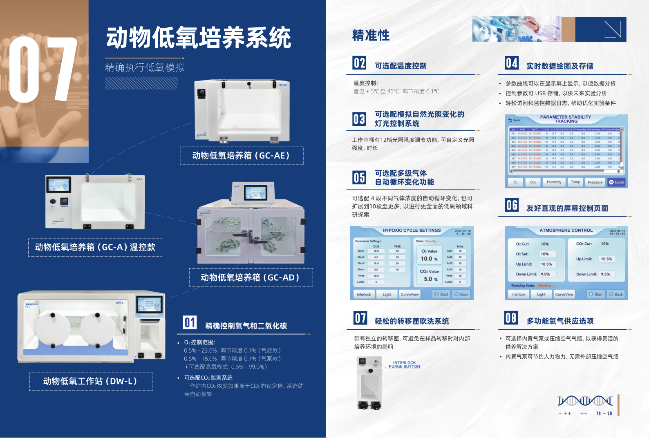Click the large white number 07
click(43, 69)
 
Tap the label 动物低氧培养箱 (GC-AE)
click(242, 156)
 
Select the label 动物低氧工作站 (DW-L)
click(91, 382)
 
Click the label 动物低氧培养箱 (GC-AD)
click(251, 277)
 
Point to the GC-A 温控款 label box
click(95, 248)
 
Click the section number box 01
click(190, 322)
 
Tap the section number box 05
click(359, 177)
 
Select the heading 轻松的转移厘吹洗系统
click(412, 321)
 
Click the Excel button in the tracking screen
click(617, 182)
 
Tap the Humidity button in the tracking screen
click(554, 182)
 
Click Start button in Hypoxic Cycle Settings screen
click(441, 294)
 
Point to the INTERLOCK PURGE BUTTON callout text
click(404, 364)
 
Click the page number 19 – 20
click(604, 413)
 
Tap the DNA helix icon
click(585, 401)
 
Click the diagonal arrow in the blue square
click(612, 29)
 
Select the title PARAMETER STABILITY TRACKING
click(566, 119)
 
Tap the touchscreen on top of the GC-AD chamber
click(255, 192)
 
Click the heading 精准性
click(371, 36)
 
